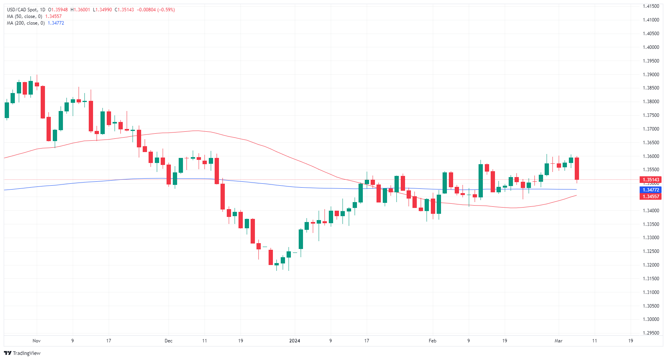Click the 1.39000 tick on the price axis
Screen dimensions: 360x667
click(x=651, y=75)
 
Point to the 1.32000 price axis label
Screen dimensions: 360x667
click(x=651, y=265)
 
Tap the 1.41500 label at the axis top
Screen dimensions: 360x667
click(x=651, y=6)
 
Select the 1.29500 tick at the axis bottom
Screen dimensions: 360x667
click(x=651, y=333)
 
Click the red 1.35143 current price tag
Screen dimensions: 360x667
click(x=651, y=180)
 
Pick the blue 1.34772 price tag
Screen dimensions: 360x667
click(x=651, y=190)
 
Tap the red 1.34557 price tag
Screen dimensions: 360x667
click(x=651, y=197)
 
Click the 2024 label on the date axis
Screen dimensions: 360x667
click(x=294, y=341)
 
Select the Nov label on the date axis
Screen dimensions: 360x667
click(x=36, y=341)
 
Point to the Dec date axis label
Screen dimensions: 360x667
click(x=169, y=341)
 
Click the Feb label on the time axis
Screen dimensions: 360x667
click(x=432, y=341)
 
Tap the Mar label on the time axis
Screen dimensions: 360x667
click(x=558, y=341)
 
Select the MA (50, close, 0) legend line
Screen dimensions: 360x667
click(x=24, y=16)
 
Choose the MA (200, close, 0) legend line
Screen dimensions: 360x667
click(x=25, y=23)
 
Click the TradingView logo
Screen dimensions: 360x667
click(x=22, y=353)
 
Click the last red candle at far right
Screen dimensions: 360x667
click(x=577, y=168)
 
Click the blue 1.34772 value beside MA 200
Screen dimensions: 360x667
click(x=56, y=23)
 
